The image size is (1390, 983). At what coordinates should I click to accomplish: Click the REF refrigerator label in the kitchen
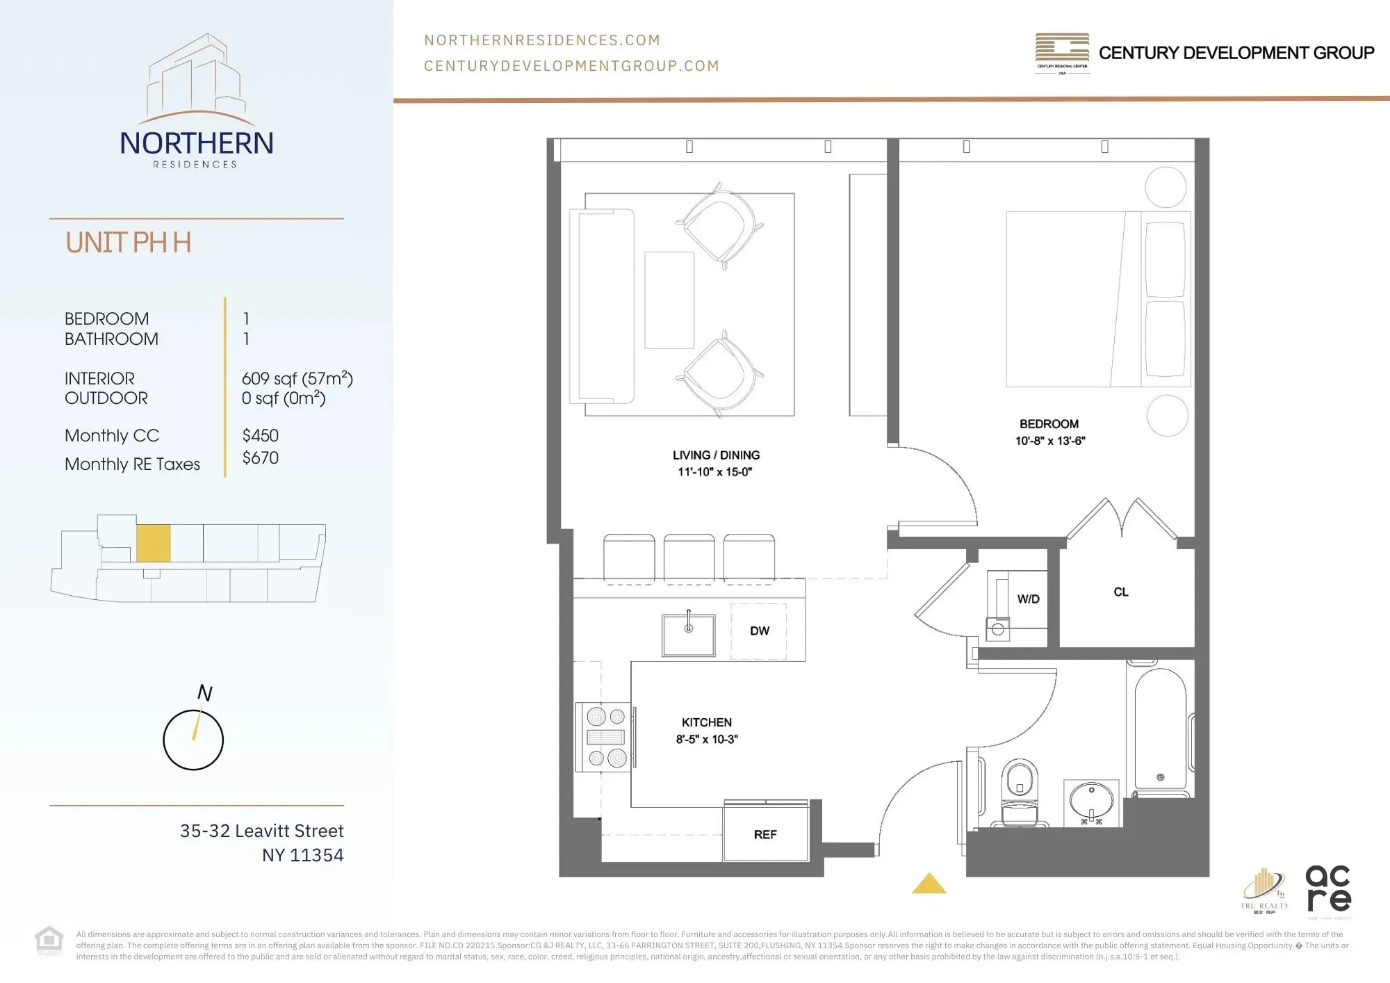pyautogui.click(x=764, y=834)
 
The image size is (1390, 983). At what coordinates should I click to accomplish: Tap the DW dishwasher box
pyautogui.click(x=759, y=631)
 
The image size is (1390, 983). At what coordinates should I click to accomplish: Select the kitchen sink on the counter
pyautogui.click(x=688, y=635)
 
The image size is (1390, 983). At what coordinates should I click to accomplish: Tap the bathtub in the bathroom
pyautogui.click(x=1160, y=730)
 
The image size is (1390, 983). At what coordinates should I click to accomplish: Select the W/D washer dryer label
pyautogui.click(x=1028, y=599)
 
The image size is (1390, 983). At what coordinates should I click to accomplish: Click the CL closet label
pyautogui.click(x=1120, y=592)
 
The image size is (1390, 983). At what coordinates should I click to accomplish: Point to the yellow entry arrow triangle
pyautogui.click(x=929, y=884)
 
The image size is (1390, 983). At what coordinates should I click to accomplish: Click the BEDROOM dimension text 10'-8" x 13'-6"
pyautogui.click(x=1049, y=441)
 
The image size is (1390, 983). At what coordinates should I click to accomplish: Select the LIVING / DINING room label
pyautogui.click(x=716, y=455)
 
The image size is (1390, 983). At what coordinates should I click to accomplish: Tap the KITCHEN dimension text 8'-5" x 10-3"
pyautogui.click(x=707, y=740)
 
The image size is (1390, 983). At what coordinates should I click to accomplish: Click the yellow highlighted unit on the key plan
pyautogui.click(x=153, y=543)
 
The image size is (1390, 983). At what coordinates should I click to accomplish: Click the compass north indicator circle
pyautogui.click(x=193, y=740)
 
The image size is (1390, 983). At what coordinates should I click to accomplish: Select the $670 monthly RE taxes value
pyautogui.click(x=261, y=458)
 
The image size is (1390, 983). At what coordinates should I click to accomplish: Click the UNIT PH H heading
pyautogui.click(x=129, y=243)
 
